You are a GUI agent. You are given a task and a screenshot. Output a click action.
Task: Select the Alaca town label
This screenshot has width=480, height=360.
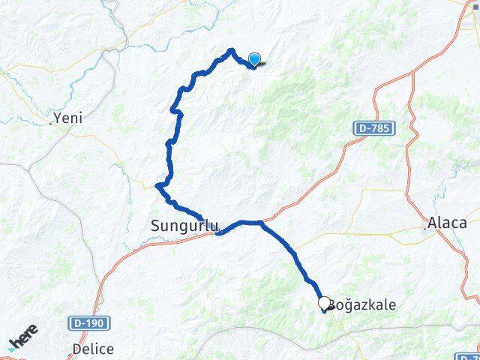click(x=446, y=223)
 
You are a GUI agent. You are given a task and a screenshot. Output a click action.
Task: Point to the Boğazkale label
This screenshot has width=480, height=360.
click(x=363, y=305)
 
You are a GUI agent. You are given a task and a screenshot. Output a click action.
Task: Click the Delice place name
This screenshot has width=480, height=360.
click(x=94, y=349)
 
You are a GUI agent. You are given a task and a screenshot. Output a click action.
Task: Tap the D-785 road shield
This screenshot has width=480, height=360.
click(x=373, y=130)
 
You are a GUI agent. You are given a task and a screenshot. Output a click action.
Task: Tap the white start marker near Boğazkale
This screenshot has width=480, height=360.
click(x=325, y=304)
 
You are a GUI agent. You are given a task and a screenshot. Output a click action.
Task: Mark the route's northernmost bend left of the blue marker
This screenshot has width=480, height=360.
click(x=231, y=51)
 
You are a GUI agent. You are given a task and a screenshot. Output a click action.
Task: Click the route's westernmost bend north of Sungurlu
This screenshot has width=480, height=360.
click(x=157, y=185)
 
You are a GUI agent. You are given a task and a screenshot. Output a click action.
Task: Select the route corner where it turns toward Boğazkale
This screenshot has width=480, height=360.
click(x=259, y=222)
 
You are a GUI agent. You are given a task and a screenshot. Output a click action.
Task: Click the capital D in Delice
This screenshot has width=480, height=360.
click(x=76, y=349)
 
